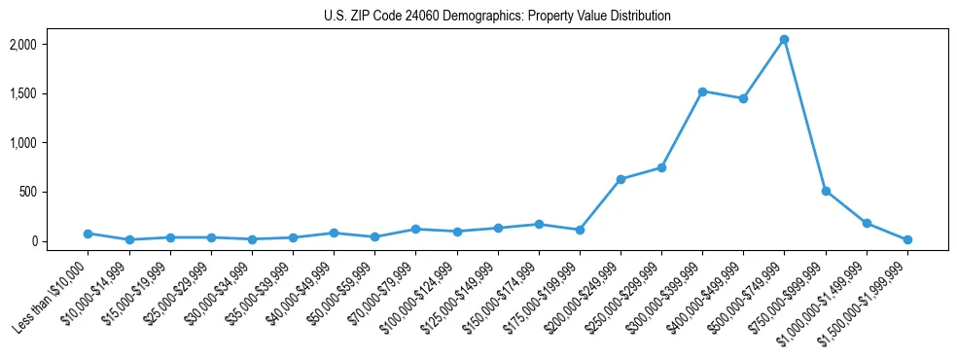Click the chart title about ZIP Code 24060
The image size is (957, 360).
[x=497, y=17]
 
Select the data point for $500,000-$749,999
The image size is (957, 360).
[x=784, y=39]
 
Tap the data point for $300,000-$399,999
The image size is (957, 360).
[x=702, y=91]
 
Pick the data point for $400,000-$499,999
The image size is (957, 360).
[x=743, y=98]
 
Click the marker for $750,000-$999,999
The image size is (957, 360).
[x=826, y=191]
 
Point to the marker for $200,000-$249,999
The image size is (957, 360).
[x=620, y=179]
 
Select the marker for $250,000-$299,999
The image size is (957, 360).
[x=661, y=167]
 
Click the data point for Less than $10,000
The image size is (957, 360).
[x=88, y=234]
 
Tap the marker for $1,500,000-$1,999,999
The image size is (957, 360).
[x=907, y=239]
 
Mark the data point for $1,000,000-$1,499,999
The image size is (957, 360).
[x=867, y=223]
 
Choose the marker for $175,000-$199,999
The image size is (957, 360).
[x=580, y=230]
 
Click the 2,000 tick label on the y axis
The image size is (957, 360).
[x=50, y=45]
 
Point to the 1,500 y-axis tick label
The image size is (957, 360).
[x=50, y=93]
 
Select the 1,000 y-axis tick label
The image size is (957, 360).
[x=50, y=143]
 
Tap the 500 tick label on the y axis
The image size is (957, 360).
[x=56, y=192]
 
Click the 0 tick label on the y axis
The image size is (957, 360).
[x=60, y=241]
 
